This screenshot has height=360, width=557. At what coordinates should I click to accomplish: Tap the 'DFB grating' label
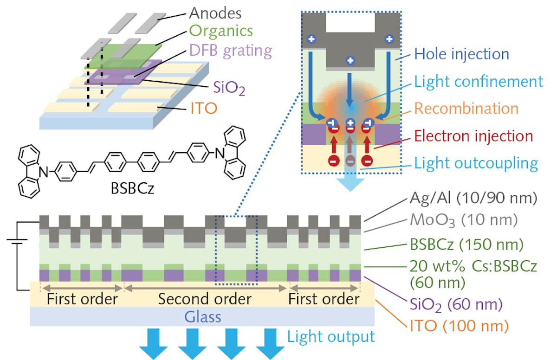pos(231,50)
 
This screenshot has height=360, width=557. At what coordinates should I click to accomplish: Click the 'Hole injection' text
pos(462,54)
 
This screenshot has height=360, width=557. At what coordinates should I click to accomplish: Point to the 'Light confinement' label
pos(478,82)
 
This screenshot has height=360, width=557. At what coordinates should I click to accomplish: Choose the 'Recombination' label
pos(466,109)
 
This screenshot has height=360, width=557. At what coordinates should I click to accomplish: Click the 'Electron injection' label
pos(473,136)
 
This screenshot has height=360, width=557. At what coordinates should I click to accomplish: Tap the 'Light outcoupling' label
pos(476,163)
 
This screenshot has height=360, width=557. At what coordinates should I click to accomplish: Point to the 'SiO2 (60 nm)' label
pos(456,305)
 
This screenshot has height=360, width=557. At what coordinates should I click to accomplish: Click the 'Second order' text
pos(205,299)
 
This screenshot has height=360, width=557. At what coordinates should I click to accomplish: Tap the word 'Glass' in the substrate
pos(202,317)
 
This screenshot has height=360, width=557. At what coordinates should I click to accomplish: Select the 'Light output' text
pos(330,336)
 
